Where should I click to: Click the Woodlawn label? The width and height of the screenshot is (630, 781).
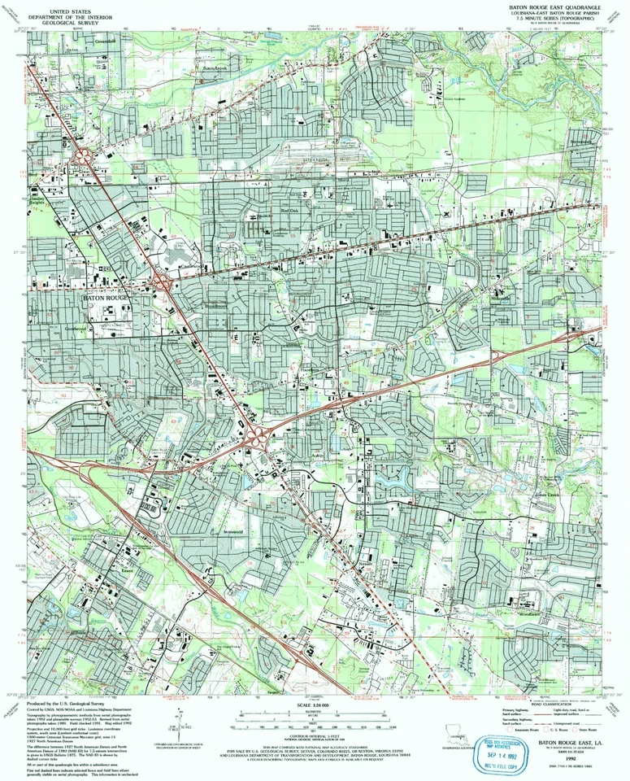point(528,615)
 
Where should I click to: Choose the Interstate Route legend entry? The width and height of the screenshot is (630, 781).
point(520,730)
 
